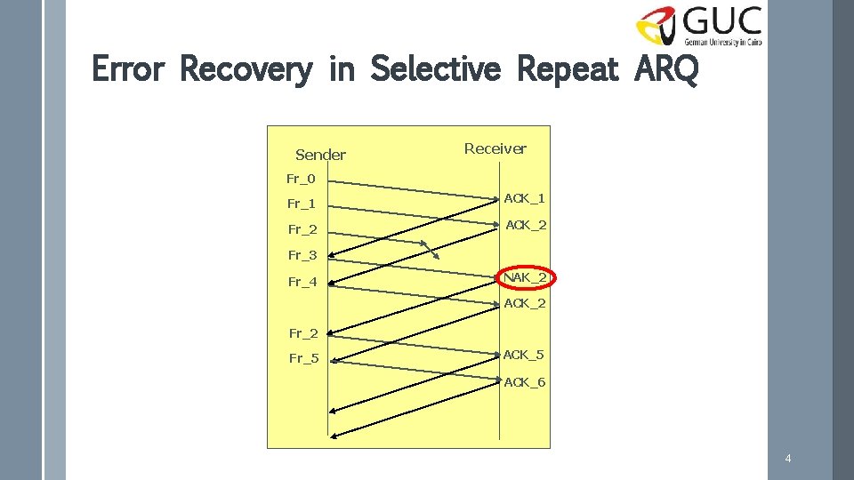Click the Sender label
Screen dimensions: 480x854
point(320,155)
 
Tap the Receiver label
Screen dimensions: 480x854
point(495,148)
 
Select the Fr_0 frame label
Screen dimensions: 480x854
point(301,179)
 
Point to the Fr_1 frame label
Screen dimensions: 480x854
point(302,204)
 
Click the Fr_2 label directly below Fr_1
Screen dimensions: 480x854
point(302,230)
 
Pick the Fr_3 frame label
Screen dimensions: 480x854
point(302,256)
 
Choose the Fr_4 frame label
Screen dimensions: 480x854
point(302,283)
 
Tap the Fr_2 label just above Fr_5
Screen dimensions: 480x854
point(302,334)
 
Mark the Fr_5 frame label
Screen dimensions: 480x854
point(303,359)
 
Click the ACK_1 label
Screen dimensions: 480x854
point(525,198)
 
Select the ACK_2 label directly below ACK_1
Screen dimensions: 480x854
point(526,225)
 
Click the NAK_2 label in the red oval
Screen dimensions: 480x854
point(525,277)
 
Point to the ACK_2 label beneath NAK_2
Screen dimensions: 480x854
point(525,303)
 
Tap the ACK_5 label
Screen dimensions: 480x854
point(524,355)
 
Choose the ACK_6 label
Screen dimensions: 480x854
point(525,382)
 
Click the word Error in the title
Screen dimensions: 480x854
point(128,68)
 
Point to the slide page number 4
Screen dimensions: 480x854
point(788,459)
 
